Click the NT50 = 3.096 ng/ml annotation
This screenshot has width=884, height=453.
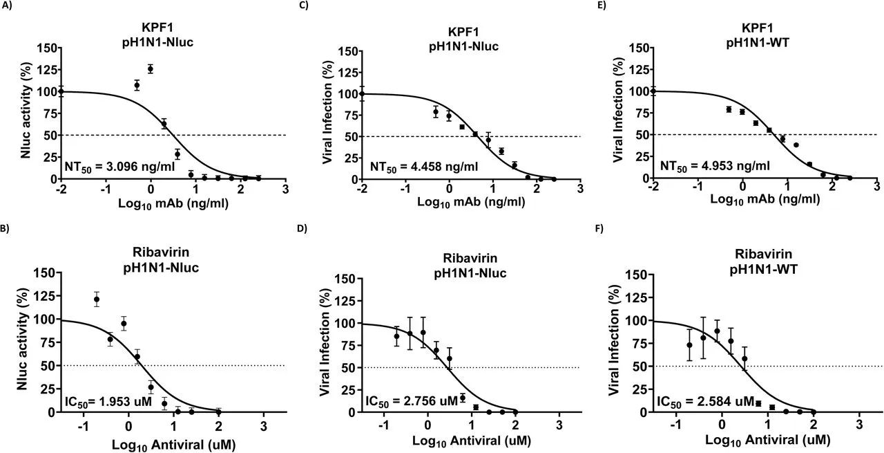[x=107, y=166]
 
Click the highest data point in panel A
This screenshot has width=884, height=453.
[x=150, y=68]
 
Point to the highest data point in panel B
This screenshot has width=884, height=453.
[x=97, y=299]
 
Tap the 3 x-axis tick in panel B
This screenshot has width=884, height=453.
[x=262, y=424]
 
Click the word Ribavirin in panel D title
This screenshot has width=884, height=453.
[x=470, y=260]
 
